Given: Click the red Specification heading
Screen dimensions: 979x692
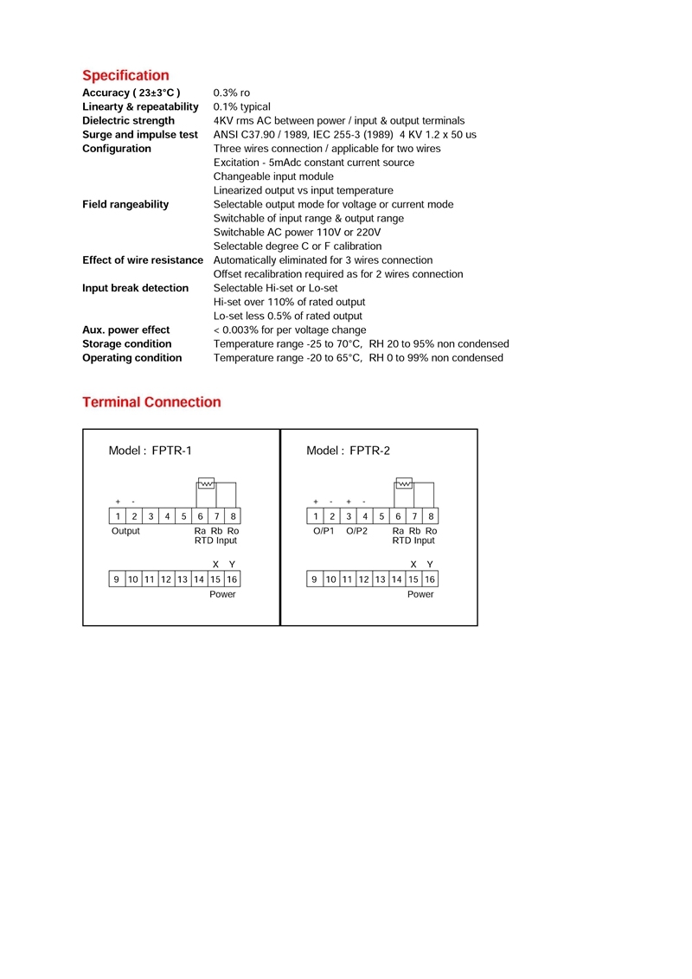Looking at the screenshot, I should tap(125, 75).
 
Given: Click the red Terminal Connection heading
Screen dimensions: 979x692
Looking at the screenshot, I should tap(151, 402).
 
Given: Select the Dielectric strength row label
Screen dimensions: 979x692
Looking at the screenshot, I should tap(128, 121).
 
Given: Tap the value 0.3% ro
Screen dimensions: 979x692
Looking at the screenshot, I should tap(232, 93).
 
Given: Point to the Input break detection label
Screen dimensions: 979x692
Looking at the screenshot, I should tap(135, 288).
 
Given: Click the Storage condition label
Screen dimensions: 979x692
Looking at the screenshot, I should tap(126, 344).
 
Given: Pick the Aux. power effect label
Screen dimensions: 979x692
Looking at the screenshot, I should tap(125, 330).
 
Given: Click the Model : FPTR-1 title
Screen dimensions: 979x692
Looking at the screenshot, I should tap(150, 451).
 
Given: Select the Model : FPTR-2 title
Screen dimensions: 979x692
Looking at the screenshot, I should tap(348, 451).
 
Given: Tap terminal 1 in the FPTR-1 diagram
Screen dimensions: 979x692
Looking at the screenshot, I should tap(118, 516).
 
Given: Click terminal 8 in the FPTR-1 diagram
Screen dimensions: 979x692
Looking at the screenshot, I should tap(233, 516).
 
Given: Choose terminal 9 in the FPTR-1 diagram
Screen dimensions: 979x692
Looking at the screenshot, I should tap(118, 579).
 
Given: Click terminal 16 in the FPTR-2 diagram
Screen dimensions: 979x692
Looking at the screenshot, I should tap(430, 579).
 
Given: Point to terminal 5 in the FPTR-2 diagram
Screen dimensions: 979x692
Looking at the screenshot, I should tap(381, 516).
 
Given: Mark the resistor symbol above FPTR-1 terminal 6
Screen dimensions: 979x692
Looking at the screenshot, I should tap(206, 483).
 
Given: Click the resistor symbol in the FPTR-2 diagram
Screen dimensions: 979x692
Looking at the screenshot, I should tap(404, 483).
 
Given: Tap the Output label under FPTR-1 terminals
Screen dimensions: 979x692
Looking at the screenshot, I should tap(125, 531).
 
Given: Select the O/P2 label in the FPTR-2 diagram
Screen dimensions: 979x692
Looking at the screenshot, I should tap(356, 531).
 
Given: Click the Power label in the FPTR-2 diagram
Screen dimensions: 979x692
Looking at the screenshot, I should tap(420, 594).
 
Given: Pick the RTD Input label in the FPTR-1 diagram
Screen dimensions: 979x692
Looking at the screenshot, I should tap(215, 541).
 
